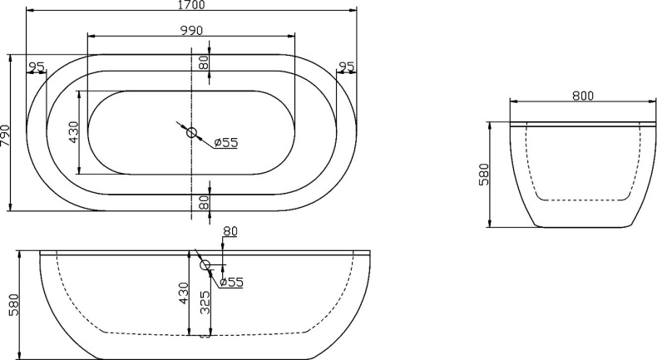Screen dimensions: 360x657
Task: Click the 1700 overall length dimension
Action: pyautogui.click(x=191, y=5)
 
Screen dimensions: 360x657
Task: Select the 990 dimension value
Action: pyautogui.click(x=191, y=30)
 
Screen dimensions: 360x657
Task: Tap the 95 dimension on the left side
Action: pyautogui.click(x=37, y=67)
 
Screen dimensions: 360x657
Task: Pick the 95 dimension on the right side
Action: pyautogui.click(x=347, y=67)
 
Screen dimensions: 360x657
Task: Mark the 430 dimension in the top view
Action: pyautogui.click(x=73, y=132)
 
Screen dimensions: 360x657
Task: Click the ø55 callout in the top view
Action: pyautogui.click(x=225, y=143)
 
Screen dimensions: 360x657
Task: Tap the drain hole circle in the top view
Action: pyautogui.click(x=192, y=132)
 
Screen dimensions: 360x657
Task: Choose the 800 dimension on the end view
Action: pyautogui.click(x=582, y=96)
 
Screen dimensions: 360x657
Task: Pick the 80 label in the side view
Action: pyautogui.click(x=230, y=231)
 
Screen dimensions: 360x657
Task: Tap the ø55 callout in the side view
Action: pyautogui.click(x=231, y=283)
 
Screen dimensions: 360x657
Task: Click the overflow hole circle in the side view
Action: pyautogui.click(x=205, y=265)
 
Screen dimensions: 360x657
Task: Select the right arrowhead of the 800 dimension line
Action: pyautogui.click(x=651, y=103)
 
